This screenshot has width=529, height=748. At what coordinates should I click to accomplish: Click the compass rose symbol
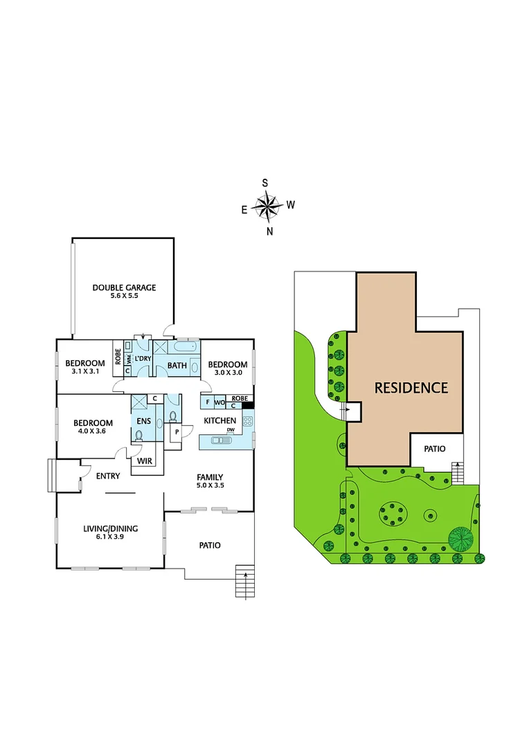[266, 205]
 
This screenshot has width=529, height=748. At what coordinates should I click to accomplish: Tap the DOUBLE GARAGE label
[125, 287]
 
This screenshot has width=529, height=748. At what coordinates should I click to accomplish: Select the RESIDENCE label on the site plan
[411, 388]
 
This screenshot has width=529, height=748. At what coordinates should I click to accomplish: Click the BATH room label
[177, 365]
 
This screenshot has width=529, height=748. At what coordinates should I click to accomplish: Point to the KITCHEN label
[220, 420]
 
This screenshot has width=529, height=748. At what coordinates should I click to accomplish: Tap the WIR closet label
[145, 461]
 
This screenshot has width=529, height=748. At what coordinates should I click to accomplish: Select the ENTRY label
[109, 475]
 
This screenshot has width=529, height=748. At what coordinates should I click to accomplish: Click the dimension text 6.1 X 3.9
[111, 538]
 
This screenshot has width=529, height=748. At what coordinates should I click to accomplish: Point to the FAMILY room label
[210, 477]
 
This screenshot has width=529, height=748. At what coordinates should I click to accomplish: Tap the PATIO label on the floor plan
[210, 545]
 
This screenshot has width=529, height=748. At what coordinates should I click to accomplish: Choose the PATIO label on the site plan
[435, 449]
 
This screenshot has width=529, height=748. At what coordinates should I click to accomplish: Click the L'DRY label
[143, 358]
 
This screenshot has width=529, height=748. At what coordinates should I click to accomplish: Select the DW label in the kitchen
[230, 430]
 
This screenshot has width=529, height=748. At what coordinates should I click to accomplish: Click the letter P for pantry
[177, 432]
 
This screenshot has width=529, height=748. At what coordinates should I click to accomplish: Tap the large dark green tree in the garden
[460, 537]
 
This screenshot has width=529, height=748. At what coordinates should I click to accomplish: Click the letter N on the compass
[270, 231]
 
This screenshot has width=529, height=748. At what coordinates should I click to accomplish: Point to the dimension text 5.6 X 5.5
[125, 297]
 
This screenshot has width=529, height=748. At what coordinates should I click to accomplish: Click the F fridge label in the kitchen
[208, 402]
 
